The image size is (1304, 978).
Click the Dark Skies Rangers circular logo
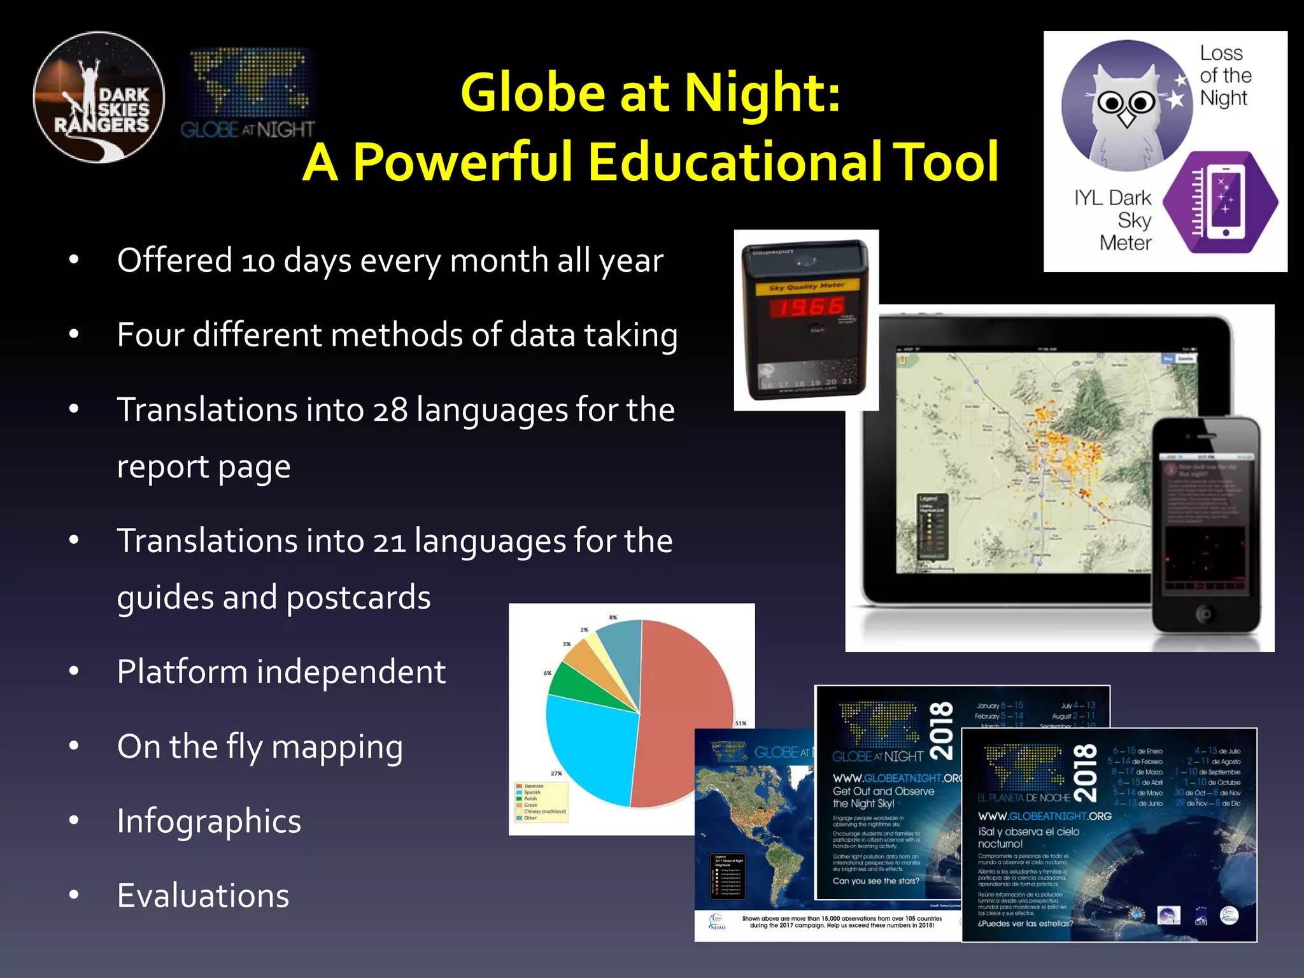pyautogui.click(x=99, y=97)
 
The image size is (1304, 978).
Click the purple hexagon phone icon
pyautogui.click(x=1220, y=202)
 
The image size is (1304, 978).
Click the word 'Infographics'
pyautogui.click(x=209, y=821)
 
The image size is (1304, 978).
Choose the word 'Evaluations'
pyautogui.click(x=203, y=895)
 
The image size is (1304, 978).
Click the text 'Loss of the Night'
pyautogui.click(x=1224, y=75)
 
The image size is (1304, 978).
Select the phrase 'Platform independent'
pyautogui.click(x=281, y=672)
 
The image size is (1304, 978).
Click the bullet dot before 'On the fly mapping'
pyautogui.click(x=74, y=746)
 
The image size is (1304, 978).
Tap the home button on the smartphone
pyautogui.click(x=1204, y=614)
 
